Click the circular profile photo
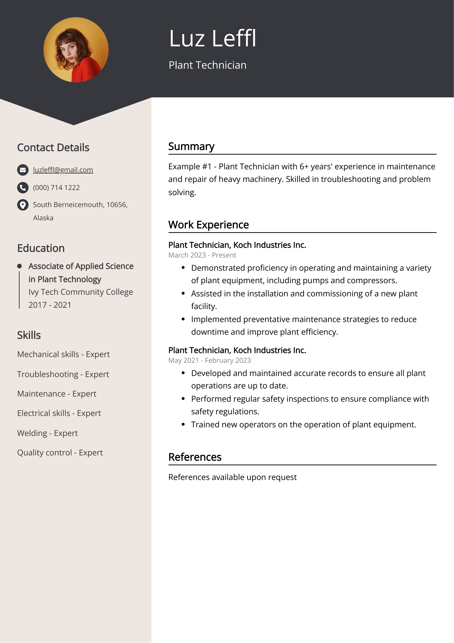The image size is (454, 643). [76, 50]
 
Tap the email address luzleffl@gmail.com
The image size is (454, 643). [63, 170]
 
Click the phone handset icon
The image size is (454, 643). [23, 188]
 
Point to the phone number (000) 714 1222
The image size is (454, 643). [56, 188]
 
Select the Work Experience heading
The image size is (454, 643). [208, 225]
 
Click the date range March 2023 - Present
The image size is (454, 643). [202, 255]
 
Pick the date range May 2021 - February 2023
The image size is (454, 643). [209, 360]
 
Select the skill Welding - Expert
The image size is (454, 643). [47, 433]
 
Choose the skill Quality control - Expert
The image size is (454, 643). [60, 453]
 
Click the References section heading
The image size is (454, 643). [195, 457]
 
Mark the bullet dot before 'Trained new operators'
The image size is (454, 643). [183, 425]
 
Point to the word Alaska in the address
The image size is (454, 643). [43, 218]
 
